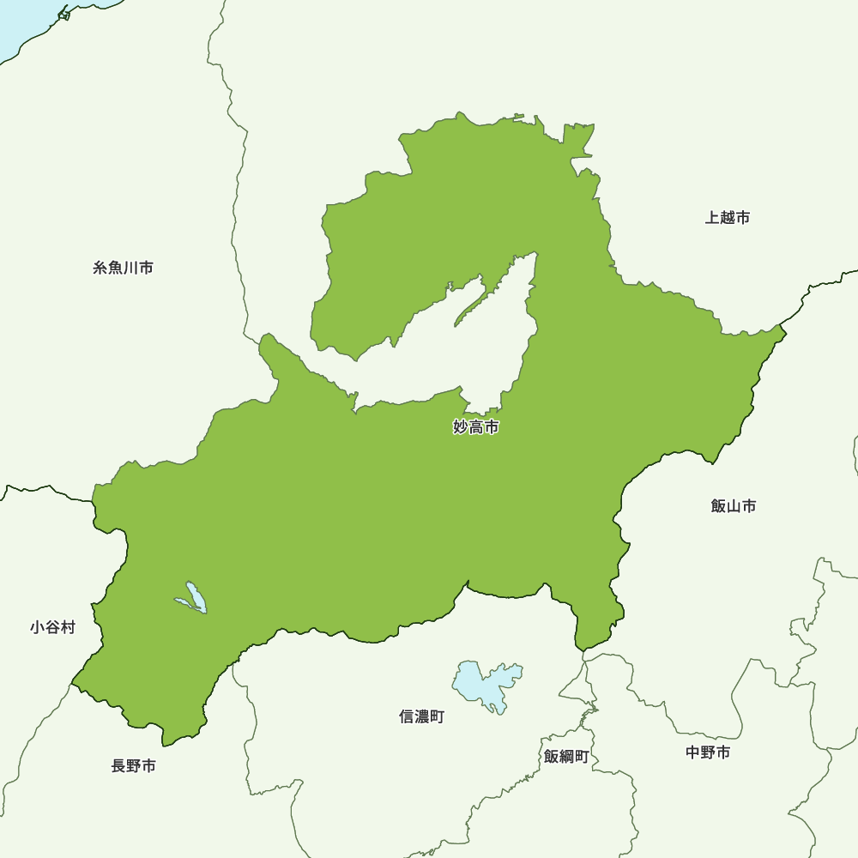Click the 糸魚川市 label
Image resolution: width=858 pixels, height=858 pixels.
click(x=123, y=269)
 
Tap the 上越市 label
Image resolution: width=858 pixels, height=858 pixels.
click(x=728, y=218)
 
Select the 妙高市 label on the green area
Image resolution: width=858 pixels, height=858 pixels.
click(x=475, y=426)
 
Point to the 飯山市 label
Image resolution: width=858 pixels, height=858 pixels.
click(x=734, y=506)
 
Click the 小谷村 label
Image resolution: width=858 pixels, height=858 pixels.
click(x=52, y=628)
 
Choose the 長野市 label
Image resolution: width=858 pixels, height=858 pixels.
click(x=133, y=766)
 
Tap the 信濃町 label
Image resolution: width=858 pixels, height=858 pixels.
click(x=421, y=716)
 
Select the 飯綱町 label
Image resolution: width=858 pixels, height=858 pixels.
click(x=565, y=757)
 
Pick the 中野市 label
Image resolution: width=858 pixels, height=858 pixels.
click(x=708, y=752)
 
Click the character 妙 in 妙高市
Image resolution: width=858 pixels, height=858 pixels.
click(x=461, y=426)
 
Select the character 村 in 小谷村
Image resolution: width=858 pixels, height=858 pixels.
click(x=68, y=628)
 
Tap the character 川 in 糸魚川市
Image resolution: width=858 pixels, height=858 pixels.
click(x=130, y=269)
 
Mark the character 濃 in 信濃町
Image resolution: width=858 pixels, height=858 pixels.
click(x=421, y=716)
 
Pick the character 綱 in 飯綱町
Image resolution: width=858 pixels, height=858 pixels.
click(x=565, y=757)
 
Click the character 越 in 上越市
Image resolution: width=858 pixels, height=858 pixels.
click(x=728, y=218)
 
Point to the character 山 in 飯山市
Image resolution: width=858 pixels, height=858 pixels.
click(x=734, y=506)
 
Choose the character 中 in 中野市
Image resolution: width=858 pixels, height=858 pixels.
click(x=693, y=752)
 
